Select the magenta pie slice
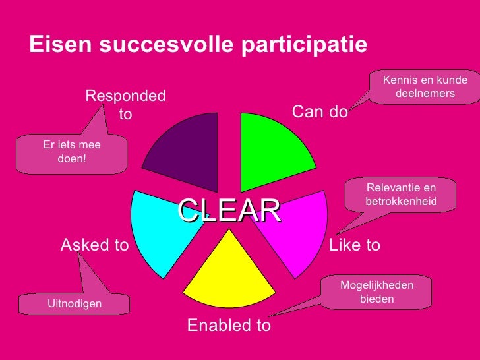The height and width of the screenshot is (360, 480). [x=297, y=231]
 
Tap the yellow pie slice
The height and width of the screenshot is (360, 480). [x=229, y=277]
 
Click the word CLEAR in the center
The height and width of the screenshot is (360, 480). [x=229, y=210]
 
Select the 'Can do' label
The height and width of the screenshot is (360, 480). [x=320, y=111]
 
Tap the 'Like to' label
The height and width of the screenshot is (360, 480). [x=355, y=245]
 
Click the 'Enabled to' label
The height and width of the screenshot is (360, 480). [x=229, y=325]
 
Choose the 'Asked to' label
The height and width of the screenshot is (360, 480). [x=95, y=245]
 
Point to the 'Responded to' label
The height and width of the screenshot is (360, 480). [x=125, y=105]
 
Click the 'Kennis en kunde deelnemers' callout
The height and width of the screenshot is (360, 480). [x=425, y=87]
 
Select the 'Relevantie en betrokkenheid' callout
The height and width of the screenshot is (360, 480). [x=401, y=195]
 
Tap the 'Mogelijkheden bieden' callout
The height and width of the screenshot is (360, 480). [x=376, y=292]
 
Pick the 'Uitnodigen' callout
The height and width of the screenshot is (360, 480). [x=74, y=304]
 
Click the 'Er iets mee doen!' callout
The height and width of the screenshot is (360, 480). [x=72, y=153]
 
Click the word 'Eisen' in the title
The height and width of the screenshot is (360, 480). [x=61, y=44]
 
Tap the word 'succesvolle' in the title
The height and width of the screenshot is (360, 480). [x=164, y=44]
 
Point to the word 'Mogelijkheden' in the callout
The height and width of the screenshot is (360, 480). [x=376, y=285]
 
